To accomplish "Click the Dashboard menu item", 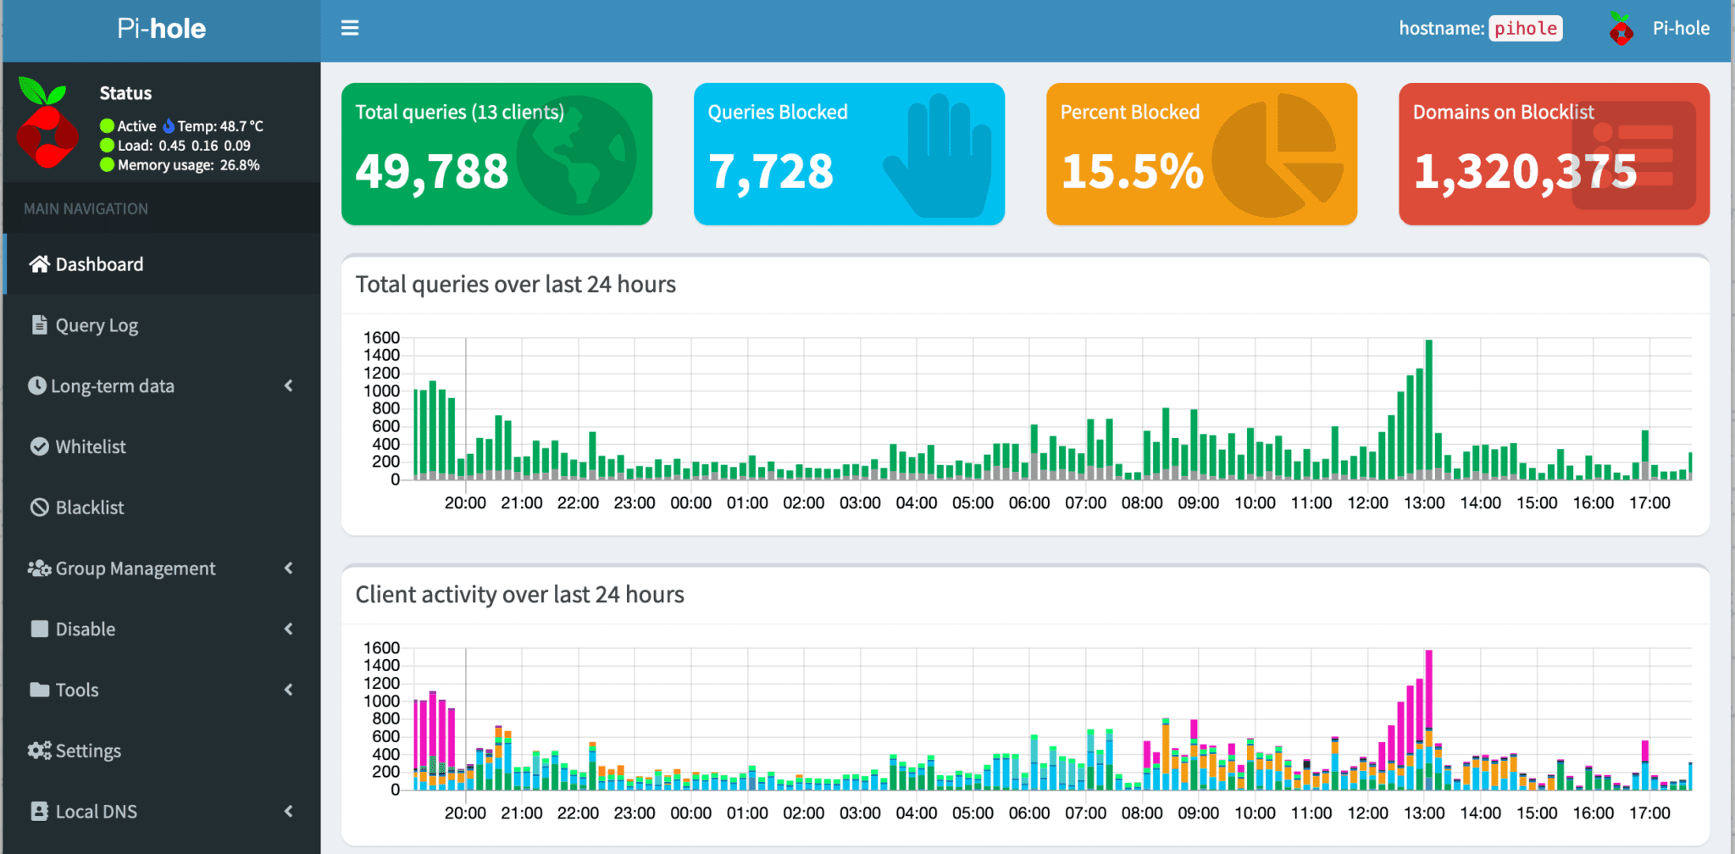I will (x=99, y=264).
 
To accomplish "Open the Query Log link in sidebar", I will (x=96, y=325).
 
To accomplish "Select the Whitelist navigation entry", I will (x=90, y=446).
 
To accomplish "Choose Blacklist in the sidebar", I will (x=89, y=507).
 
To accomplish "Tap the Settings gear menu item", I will (x=87, y=751).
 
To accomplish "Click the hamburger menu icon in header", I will (x=350, y=28).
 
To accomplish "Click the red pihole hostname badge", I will (x=1525, y=28).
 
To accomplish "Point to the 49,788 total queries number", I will (x=432, y=171).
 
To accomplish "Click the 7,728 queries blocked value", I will (x=771, y=171).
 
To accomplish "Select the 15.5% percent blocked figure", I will (x=1132, y=171).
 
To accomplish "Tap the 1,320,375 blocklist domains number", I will (x=1525, y=171).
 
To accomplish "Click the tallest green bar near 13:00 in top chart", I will (x=1429, y=407).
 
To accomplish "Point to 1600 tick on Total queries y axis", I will (x=381, y=337).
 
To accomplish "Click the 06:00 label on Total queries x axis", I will (x=1029, y=502).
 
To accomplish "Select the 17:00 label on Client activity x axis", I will (x=1649, y=812).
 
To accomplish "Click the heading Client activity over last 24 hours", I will (x=519, y=594).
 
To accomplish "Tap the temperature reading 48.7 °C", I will (x=220, y=126).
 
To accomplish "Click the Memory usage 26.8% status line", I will (x=188, y=165).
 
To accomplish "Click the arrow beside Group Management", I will (x=289, y=568).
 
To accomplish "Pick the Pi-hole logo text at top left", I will (x=161, y=29).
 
